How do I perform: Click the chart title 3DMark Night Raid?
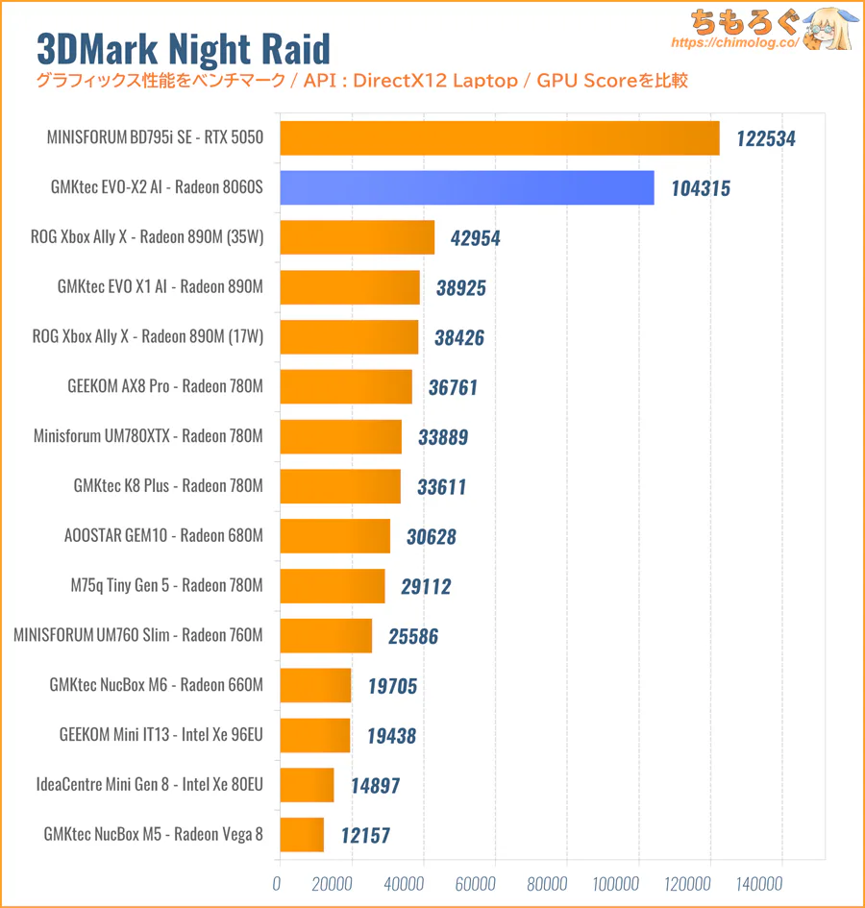(x=183, y=48)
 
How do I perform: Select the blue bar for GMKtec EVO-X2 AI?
(x=466, y=186)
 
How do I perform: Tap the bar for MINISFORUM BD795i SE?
(x=499, y=137)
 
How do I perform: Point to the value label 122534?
(x=766, y=138)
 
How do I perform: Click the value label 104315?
(x=701, y=188)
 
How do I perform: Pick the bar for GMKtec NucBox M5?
(x=301, y=835)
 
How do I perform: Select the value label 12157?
(x=365, y=835)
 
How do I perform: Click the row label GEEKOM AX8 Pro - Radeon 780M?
(x=165, y=386)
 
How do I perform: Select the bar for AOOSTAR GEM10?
(x=334, y=536)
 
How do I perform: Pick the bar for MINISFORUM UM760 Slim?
(x=325, y=636)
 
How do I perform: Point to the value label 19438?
(x=391, y=736)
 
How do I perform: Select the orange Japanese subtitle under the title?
(x=361, y=81)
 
